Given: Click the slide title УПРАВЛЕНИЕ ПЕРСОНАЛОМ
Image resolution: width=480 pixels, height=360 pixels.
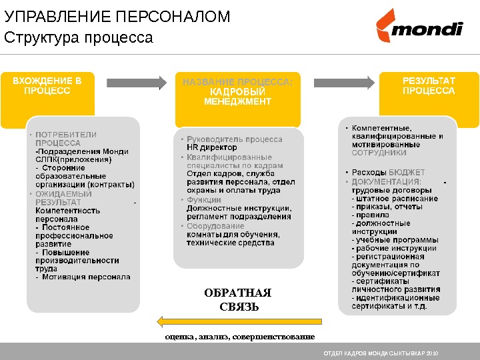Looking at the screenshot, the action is click(x=117, y=17).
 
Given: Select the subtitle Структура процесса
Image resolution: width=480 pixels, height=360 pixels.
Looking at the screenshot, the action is click(x=79, y=37).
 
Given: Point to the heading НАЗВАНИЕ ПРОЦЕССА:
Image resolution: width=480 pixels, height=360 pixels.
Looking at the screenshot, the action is click(x=237, y=82).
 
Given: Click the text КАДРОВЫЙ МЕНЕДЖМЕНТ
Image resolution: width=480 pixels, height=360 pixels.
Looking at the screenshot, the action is click(x=237, y=97).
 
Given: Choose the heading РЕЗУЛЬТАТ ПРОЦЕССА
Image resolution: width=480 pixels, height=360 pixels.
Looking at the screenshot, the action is click(x=429, y=85).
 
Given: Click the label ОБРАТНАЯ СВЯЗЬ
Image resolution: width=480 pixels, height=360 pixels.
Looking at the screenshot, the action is click(x=237, y=300).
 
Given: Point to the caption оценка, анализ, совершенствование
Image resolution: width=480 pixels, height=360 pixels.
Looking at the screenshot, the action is click(x=239, y=336).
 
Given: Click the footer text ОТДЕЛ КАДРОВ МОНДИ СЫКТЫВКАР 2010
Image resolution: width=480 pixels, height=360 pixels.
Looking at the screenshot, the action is click(x=381, y=352).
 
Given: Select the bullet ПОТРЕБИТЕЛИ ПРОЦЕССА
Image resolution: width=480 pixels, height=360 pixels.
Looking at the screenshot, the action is click(x=66, y=139).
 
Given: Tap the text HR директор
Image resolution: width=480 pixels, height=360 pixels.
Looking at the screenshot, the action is click(x=212, y=148).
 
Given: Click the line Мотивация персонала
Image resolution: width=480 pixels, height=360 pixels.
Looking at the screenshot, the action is click(x=86, y=277).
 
